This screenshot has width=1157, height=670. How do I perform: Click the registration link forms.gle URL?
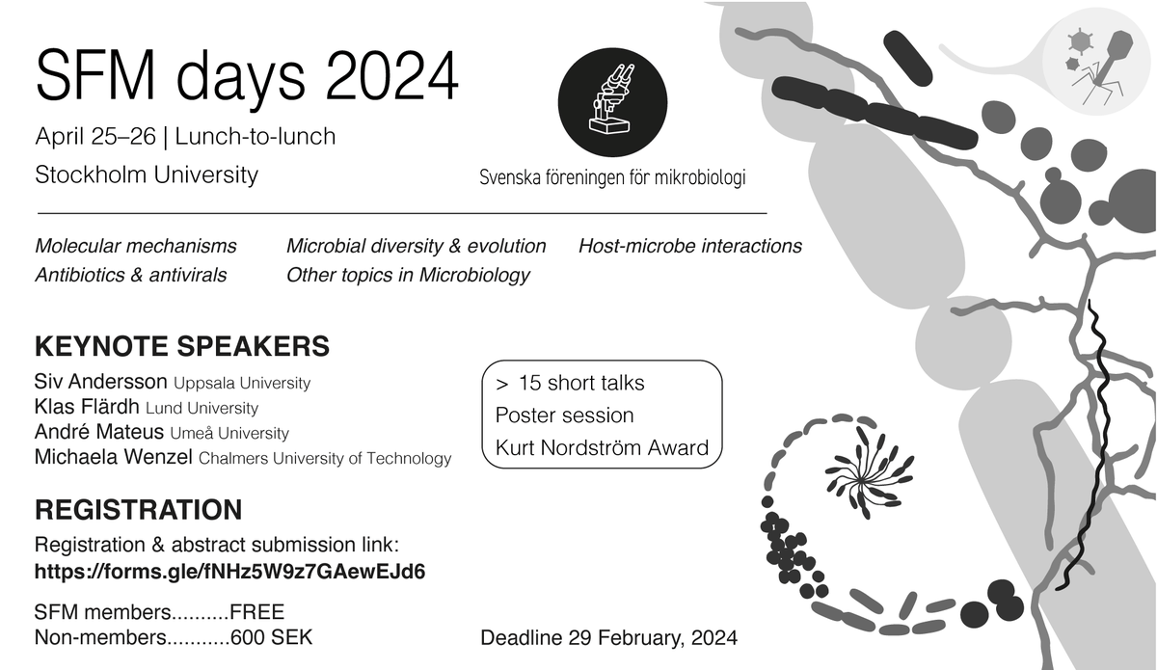coord(229,571)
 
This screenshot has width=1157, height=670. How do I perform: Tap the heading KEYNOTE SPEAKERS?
coord(182,346)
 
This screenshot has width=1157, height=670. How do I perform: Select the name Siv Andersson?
coord(101,383)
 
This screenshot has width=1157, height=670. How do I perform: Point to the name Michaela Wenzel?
coord(114,458)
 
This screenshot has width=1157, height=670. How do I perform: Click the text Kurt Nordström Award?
coord(602,447)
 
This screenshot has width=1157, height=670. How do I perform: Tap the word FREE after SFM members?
coord(257,611)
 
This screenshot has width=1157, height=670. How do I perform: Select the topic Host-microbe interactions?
coord(689,246)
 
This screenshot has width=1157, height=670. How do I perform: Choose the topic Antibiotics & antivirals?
coord(131,275)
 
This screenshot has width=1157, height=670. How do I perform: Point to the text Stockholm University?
coord(147,174)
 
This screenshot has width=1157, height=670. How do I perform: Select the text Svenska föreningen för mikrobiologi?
coord(612,177)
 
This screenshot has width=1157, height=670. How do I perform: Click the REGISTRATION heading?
coord(138,510)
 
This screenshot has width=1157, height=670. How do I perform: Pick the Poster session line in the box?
coord(564,415)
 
